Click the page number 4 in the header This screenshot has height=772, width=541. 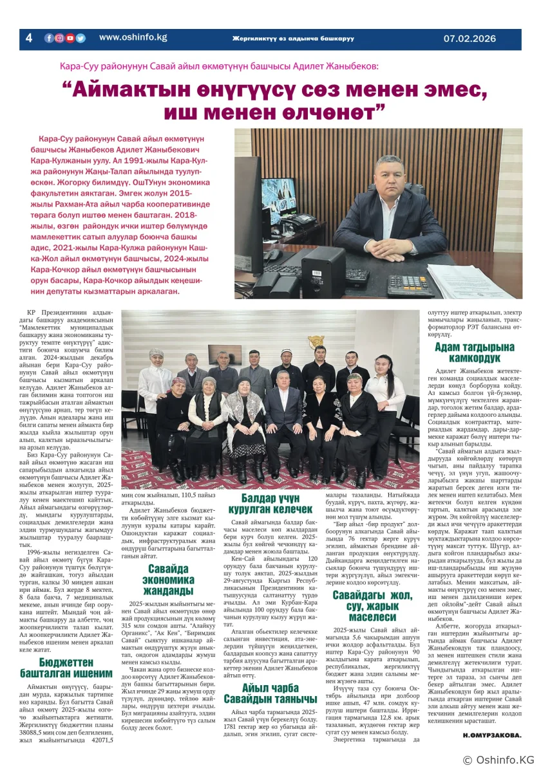pos(28,38)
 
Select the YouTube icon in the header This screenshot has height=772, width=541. pos(70,38)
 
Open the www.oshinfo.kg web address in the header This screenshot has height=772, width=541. pos(133,37)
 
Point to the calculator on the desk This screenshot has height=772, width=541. pos(405,283)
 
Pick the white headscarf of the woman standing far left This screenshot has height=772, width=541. pos(157,353)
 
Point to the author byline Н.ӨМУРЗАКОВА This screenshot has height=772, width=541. pos(492,734)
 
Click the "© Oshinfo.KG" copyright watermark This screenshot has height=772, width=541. pos(498,760)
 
